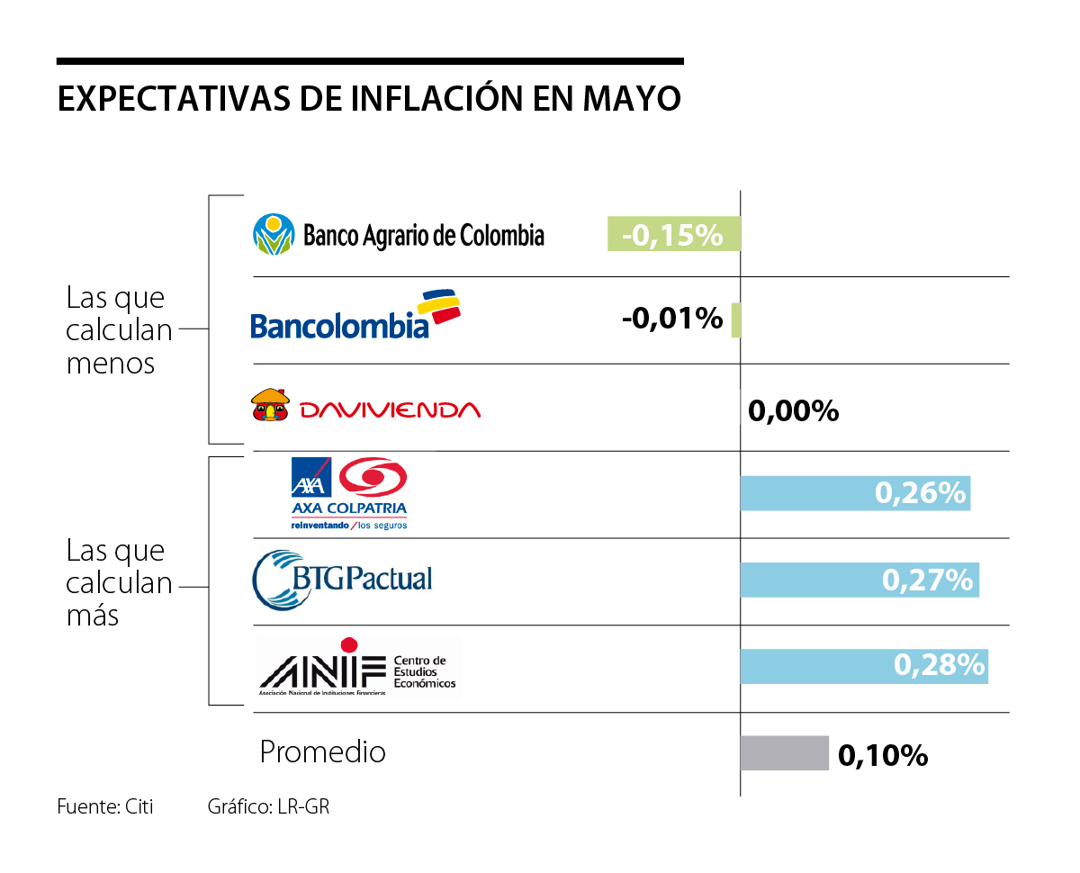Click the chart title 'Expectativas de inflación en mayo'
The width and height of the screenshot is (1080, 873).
click(369, 99)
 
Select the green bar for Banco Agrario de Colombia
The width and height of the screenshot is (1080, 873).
click(673, 234)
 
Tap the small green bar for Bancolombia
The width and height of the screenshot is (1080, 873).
click(736, 319)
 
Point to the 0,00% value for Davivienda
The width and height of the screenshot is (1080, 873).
click(793, 411)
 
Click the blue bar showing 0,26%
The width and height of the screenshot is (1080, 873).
click(855, 493)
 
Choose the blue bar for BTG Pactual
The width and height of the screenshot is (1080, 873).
click(859, 580)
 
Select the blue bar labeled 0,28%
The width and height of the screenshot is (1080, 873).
click(864, 666)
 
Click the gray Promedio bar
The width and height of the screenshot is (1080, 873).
click(784, 753)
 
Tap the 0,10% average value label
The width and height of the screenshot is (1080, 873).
click(883, 756)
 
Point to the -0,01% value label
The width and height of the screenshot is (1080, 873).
click(672, 318)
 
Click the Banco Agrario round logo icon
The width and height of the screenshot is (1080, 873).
click(274, 235)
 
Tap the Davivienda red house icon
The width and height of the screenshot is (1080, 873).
click(269, 406)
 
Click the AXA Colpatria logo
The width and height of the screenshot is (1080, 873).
click(348, 493)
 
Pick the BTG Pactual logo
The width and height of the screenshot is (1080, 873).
click(343, 580)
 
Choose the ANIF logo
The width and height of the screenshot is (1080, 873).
click(357, 667)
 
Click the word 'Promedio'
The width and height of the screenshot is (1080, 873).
click(322, 752)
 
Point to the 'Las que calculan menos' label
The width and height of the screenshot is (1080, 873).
click(119, 330)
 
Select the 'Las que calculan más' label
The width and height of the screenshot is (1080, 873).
click(119, 583)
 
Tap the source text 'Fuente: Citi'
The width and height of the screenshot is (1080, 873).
click(105, 806)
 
